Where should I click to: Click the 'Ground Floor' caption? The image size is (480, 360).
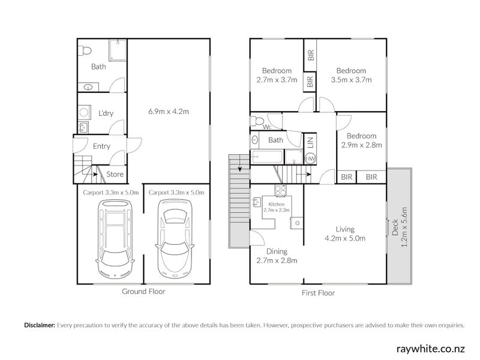click(143, 292)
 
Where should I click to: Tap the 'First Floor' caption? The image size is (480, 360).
click(318, 293)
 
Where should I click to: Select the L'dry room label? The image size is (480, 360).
click(106, 113)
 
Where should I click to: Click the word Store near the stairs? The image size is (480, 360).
click(115, 175)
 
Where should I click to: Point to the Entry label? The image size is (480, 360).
click(101, 146)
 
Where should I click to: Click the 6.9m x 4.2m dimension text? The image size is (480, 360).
click(169, 111)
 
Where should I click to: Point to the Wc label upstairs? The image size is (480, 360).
click(266, 127)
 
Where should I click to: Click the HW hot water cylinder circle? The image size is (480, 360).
click(310, 159)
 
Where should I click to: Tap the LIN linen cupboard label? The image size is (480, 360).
click(310, 142)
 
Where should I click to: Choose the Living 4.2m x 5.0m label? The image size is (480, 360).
click(345, 233)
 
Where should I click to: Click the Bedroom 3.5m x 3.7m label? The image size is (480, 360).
click(351, 75)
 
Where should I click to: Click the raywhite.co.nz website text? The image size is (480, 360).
click(431, 348)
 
